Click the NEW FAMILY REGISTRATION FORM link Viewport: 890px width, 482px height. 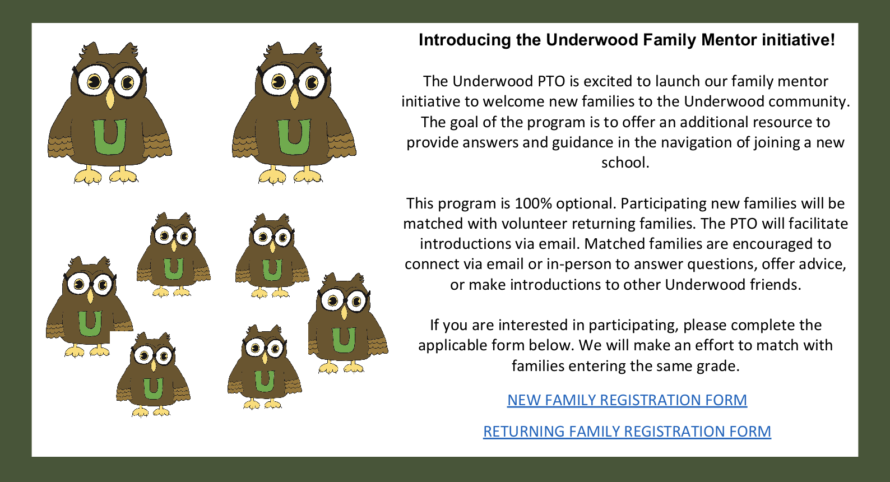[x=627, y=400]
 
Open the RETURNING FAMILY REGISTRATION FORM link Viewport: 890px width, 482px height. [x=627, y=432]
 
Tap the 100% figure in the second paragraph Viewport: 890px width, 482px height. [x=533, y=203]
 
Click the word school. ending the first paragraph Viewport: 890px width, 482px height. [x=625, y=163]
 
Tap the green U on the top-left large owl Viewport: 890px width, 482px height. [x=109, y=137]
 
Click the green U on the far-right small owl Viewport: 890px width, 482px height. [x=343, y=340]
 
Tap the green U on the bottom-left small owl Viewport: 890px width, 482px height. [x=153, y=388]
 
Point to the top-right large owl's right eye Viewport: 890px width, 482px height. [x=311, y=84]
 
